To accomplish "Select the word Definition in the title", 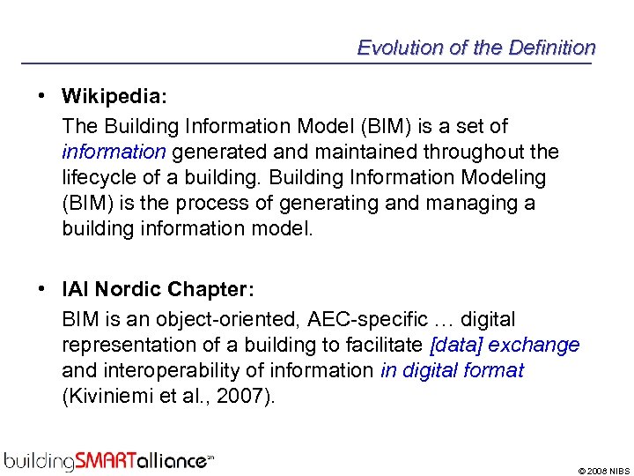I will click(551, 48).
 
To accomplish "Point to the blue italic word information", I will click(114, 152).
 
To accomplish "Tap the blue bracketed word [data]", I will click(456, 345).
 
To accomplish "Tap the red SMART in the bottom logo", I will click(106, 459).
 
